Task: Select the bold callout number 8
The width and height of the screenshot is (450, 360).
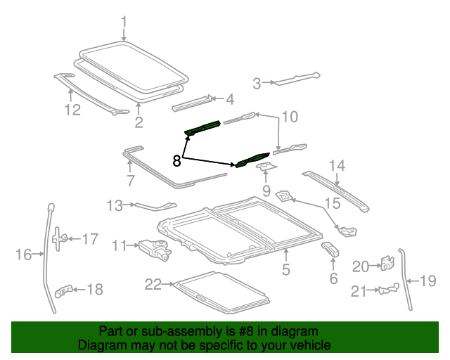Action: coord(176,161)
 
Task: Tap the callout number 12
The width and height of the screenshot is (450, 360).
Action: coord(72,110)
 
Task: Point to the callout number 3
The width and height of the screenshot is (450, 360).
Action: coord(257,84)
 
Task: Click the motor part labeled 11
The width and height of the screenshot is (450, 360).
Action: coord(155,249)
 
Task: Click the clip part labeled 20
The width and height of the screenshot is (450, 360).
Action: coord(385,264)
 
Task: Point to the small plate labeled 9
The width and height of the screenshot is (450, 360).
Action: coord(266,167)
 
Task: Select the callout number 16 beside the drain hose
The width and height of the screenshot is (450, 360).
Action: coord(23,254)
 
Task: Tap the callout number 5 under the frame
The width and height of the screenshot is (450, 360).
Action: coord(285,269)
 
